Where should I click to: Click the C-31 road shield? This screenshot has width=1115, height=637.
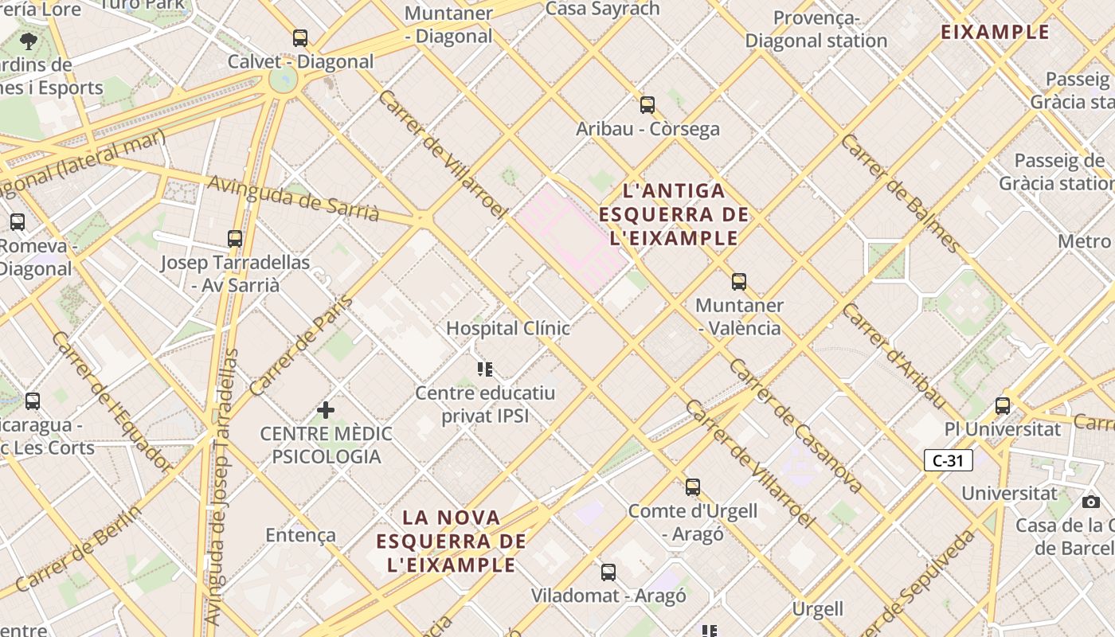(x=949, y=460)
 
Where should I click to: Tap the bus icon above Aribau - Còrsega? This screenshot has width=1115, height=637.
(x=647, y=104)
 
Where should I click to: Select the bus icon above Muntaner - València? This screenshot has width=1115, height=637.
(x=739, y=281)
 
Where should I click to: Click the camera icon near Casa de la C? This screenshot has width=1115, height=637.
(x=1091, y=502)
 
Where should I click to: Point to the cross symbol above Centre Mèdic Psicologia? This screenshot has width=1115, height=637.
(x=326, y=410)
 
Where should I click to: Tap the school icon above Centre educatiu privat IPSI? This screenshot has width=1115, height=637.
(x=485, y=369)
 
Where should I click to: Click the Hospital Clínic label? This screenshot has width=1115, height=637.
(x=508, y=328)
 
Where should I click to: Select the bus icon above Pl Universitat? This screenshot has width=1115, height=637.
(x=1003, y=405)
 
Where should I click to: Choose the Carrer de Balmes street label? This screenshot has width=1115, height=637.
(x=901, y=193)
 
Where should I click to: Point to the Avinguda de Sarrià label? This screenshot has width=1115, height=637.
(x=293, y=198)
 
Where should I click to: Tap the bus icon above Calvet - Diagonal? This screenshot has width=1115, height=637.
(x=300, y=37)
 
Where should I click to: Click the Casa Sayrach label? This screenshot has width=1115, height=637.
(x=603, y=9)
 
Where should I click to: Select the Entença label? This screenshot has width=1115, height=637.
(x=301, y=535)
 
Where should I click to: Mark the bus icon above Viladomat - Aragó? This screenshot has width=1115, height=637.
(x=608, y=572)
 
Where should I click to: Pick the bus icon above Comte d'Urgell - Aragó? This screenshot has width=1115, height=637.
(x=693, y=487)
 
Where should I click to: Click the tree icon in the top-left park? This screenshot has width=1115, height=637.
(x=29, y=41)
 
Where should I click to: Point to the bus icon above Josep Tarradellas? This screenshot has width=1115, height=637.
(x=235, y=238)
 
